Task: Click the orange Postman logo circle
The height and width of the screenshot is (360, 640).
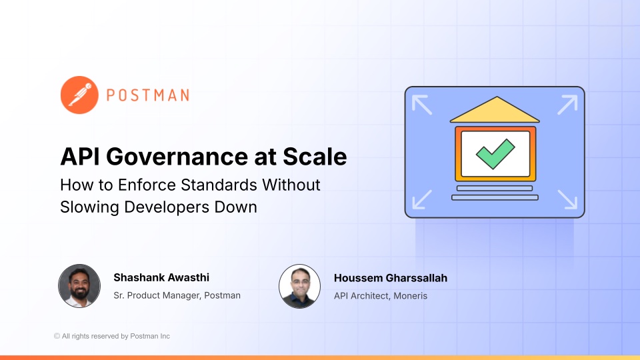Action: point(80,95)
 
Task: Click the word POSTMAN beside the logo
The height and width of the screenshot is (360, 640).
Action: point(148,95)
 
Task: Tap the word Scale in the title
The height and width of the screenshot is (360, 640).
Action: point(315,157)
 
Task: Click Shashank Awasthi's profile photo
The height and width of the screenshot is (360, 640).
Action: point(79,285)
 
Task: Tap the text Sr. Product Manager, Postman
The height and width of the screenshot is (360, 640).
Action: point(177,295)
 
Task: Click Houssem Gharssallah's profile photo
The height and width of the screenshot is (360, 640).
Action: point(299,285)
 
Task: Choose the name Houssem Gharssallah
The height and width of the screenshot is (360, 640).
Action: point(390,277)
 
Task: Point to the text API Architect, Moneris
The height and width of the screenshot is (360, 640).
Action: point(379,295)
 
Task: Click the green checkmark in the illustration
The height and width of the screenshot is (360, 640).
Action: point(495,153)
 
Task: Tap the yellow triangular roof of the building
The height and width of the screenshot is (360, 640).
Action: point(494,111)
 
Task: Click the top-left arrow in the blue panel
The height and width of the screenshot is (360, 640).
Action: point(421,105)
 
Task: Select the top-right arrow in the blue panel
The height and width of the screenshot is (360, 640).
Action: point(567,105)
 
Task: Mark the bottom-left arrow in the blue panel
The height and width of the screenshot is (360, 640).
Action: point(421,199)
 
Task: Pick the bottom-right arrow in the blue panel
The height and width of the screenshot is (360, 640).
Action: point(567,199)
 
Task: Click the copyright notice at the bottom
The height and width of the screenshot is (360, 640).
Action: point(112,336)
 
